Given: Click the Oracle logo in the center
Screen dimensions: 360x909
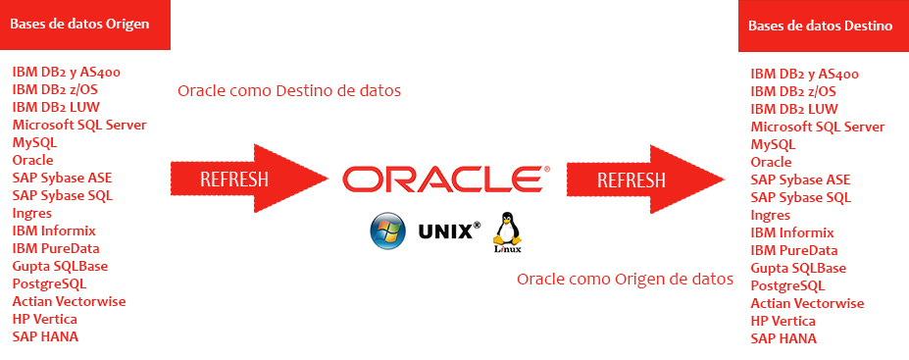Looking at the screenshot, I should coord(445,179).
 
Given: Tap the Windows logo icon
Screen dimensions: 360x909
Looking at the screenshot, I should coord(387,232).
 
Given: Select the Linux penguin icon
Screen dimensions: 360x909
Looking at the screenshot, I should coord(506,232).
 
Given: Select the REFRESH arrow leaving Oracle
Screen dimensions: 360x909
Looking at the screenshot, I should coord(644,180).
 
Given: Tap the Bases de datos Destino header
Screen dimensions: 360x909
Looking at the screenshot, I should coord(820,26).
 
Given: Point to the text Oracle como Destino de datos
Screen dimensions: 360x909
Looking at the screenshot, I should coord(289,91).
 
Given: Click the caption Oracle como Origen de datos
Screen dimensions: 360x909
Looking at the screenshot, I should coord(625,279).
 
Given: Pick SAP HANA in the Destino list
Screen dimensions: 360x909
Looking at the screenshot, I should coord(783,338).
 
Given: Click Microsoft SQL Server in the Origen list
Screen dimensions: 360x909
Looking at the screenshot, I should coord(79,125).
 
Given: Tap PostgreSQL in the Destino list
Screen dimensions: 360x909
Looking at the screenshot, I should coord(787,285).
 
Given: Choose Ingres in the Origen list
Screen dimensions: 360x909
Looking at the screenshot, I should coord(32,213).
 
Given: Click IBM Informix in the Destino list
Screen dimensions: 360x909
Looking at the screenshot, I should coord(792,232).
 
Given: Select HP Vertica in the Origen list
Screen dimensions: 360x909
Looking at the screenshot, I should coord(45,319).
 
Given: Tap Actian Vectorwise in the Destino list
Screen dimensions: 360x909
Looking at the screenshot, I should coord(807,303).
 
